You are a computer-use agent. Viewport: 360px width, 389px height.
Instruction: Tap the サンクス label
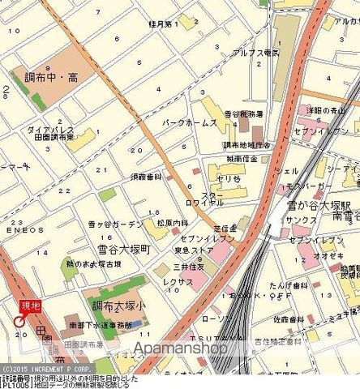[302, 220]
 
